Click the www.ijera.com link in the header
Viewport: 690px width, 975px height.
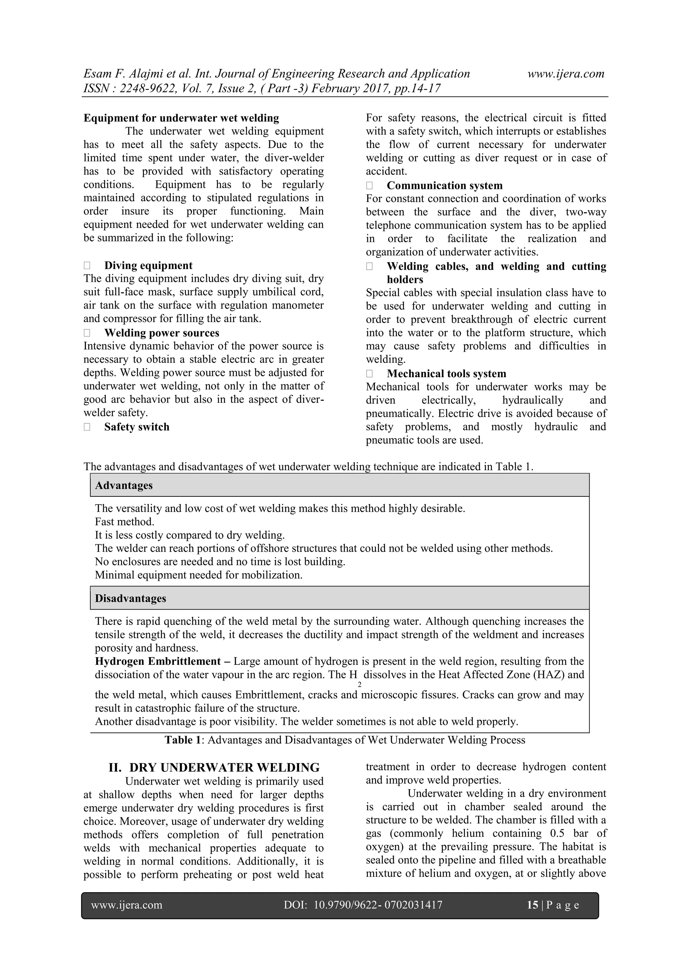[566, 74]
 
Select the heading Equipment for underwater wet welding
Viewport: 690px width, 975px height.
[181, 118]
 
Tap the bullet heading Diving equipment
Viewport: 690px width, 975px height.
[148, 265]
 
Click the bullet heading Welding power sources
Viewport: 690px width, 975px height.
[161, 333]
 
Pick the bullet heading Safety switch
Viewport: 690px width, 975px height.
[137, 427]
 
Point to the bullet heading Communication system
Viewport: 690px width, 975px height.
[444, 186]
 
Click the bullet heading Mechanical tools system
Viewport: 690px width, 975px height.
[446, 374]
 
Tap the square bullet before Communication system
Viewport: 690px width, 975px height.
[369, 186]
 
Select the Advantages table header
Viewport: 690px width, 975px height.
[124, 485]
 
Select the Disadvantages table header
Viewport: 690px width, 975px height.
[130, 598]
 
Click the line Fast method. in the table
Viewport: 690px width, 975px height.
[124, 521]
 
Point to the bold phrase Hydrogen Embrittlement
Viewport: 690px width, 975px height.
[158, 661]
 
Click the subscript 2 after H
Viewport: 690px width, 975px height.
[359, 684]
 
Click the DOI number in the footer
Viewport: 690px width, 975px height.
[378, 905]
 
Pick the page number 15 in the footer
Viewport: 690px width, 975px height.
[532, 905]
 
